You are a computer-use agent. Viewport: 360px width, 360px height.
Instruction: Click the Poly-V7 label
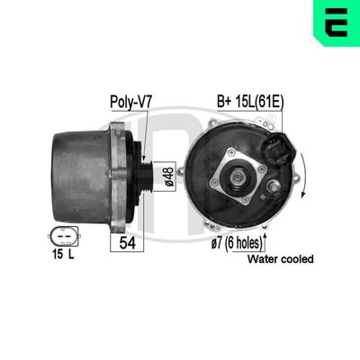130,102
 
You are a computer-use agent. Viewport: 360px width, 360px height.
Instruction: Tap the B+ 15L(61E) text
247,102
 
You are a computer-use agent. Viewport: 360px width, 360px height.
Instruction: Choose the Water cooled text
280,259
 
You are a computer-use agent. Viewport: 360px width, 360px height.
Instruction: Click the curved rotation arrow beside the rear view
303,180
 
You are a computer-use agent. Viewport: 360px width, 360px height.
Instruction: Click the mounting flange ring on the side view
117,175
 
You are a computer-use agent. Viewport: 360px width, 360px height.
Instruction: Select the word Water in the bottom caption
261,259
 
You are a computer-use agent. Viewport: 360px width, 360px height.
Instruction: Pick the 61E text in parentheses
267,102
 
